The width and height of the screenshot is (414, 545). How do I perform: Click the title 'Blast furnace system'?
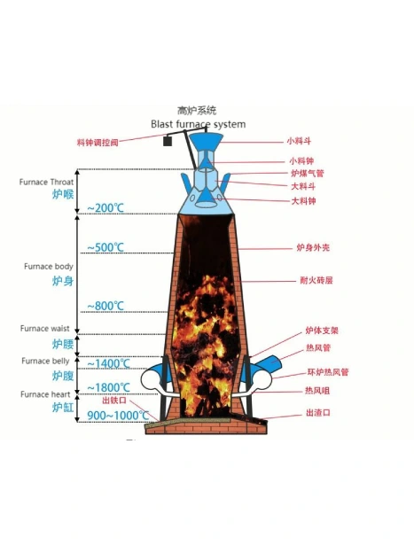click(199, 124)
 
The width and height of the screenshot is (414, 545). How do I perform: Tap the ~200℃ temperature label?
click(105, 208)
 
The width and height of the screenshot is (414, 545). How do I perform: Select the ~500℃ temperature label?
click(105, 247)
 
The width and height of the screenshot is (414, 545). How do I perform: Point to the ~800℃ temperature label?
click(105, 306)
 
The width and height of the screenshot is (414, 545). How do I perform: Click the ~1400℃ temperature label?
click(108, 363)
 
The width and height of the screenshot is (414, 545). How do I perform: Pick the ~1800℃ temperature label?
click(108, 387)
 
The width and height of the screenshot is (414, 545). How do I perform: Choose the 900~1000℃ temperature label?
click(118, 415)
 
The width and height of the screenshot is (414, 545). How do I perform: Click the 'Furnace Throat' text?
click(46, 182)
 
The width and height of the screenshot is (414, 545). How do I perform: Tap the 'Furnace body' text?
click(49, 266)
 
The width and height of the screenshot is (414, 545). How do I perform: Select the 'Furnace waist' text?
click(45, 329)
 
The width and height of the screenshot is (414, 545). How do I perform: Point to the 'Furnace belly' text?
click(45, 362)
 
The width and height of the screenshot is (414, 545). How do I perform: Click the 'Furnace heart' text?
click(45, 394)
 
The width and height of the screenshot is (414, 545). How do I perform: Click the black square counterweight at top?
click(168, 141)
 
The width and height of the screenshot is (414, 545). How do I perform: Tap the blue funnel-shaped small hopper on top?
click(207, 142)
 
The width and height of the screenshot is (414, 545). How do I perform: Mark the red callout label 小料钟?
click(301, 161)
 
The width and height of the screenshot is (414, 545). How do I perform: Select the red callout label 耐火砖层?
click(316, 280)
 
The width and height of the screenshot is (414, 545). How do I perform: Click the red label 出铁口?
click(114, 401)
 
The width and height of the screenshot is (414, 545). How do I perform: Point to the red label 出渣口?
click(318, 413)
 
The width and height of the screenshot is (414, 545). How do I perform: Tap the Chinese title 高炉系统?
click(197, 111)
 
